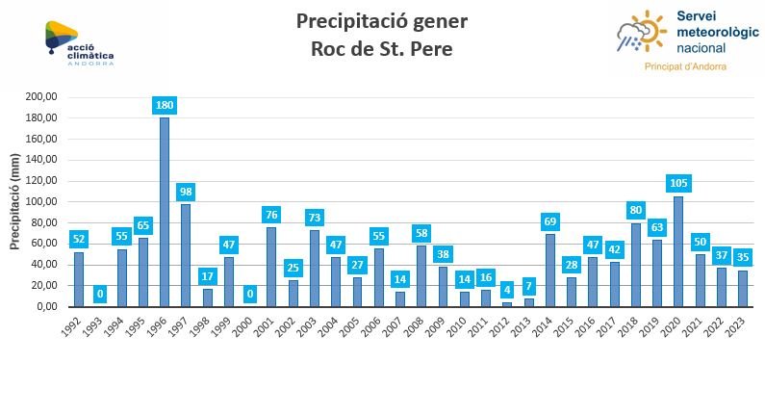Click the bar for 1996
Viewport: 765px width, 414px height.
pyautogui.click(x=165, y=212)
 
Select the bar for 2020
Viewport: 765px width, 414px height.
pyautogui.click(x=678, y=251)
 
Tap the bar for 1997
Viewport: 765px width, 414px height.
pyautogui.click(x=186, y=255)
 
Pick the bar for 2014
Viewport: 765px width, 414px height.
pyautogui.click(x=550, y=271)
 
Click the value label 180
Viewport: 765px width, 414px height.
pyautogui.click(x=165, y=106)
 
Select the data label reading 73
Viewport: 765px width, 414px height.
pyautogui.click(x=315, y=218)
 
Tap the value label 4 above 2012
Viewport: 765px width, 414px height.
pyautogui.click(x=507, y=290)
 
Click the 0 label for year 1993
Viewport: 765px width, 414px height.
pyautogui.click(x=100, y=294)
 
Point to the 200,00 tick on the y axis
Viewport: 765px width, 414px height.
pyautogui.click(x=42, y=97)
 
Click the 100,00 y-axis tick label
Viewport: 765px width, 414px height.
pyautogui.click(x=42, y=202)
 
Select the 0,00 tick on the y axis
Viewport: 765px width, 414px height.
pyautogui.click(x=46, y=306)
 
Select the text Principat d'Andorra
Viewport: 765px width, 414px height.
pyautogui.click(x=685, y=66)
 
